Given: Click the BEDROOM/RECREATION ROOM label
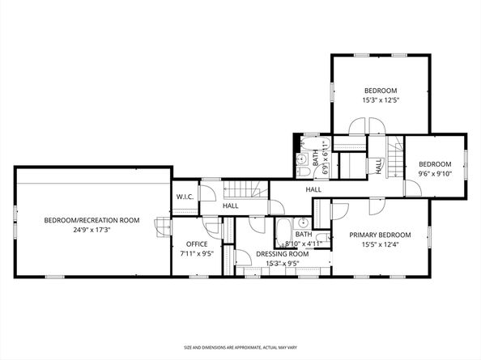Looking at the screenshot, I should pos(92,219).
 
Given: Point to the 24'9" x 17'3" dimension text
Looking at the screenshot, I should pos(92,229).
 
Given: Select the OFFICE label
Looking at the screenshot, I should pos(198,244).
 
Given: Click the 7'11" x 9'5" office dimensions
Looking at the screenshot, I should pos(198,253).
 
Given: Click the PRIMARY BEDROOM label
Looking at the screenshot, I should pos(380,235).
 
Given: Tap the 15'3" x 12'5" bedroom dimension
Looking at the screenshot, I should pos(381,100).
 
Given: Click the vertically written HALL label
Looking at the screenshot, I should pos(379,164).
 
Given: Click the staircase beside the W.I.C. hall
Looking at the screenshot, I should pos(244,191).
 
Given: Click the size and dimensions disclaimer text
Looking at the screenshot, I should pos(240,345).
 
